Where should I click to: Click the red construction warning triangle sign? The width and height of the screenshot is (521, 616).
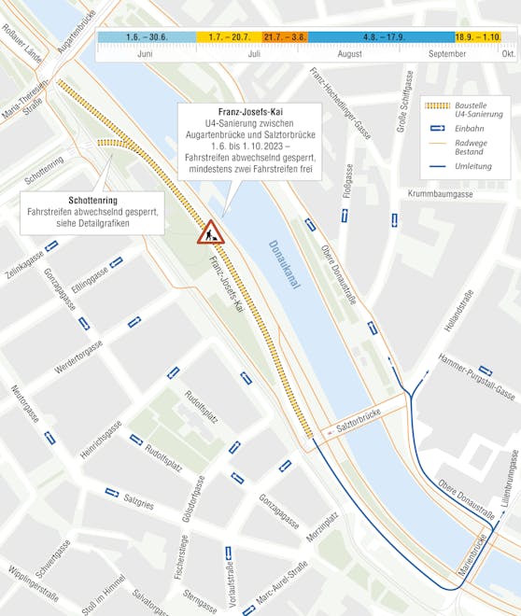[x=209, y=231]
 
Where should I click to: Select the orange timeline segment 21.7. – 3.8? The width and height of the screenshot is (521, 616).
[x=285, y=37]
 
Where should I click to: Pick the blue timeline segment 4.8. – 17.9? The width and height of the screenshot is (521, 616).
[x=380, y=37]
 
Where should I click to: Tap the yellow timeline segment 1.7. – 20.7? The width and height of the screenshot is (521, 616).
[x=229, y=37]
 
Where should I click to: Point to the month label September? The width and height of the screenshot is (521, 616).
[x=446, y=54]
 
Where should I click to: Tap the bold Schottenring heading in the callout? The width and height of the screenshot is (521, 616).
[x=92, y=201]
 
